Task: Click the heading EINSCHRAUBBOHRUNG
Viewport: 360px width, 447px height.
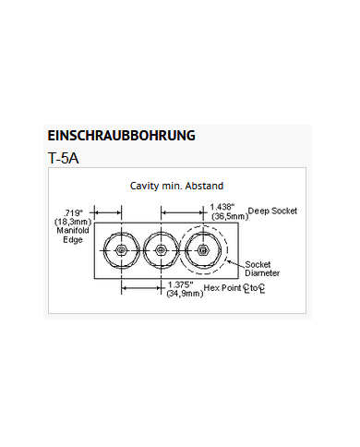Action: (x=121, y=136)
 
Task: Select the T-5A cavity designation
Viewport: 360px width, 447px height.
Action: (x=63, y=158)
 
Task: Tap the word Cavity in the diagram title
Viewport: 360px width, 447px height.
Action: (x=141, y=186)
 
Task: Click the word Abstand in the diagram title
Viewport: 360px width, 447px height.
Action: (x=204, y=186)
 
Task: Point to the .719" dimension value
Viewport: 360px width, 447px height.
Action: (x=73, y=212)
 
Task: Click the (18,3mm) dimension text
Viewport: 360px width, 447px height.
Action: (x=73, y=222)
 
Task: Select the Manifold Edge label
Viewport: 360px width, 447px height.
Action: (x=73, y=235)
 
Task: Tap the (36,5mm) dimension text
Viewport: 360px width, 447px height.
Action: (x=230, y=216)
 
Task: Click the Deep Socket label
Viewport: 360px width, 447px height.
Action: (x=272, y=211)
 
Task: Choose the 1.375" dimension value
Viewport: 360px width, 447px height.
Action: (x=180, y=284)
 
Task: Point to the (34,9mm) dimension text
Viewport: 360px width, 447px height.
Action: (x=185, y=294)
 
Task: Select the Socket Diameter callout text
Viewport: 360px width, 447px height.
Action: (x=262, y=269)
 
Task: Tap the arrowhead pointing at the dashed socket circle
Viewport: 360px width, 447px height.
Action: (x=229, y=261)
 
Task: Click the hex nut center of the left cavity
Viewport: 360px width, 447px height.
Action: (x=122, y=250)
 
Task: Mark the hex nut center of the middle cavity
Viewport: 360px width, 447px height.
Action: (x=162, y=250)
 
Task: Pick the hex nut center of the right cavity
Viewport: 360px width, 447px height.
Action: (x=203, y=250)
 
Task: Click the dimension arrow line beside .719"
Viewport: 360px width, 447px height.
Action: (x=108, y=212)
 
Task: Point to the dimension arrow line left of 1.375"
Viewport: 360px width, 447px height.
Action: (x=141, y=288)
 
